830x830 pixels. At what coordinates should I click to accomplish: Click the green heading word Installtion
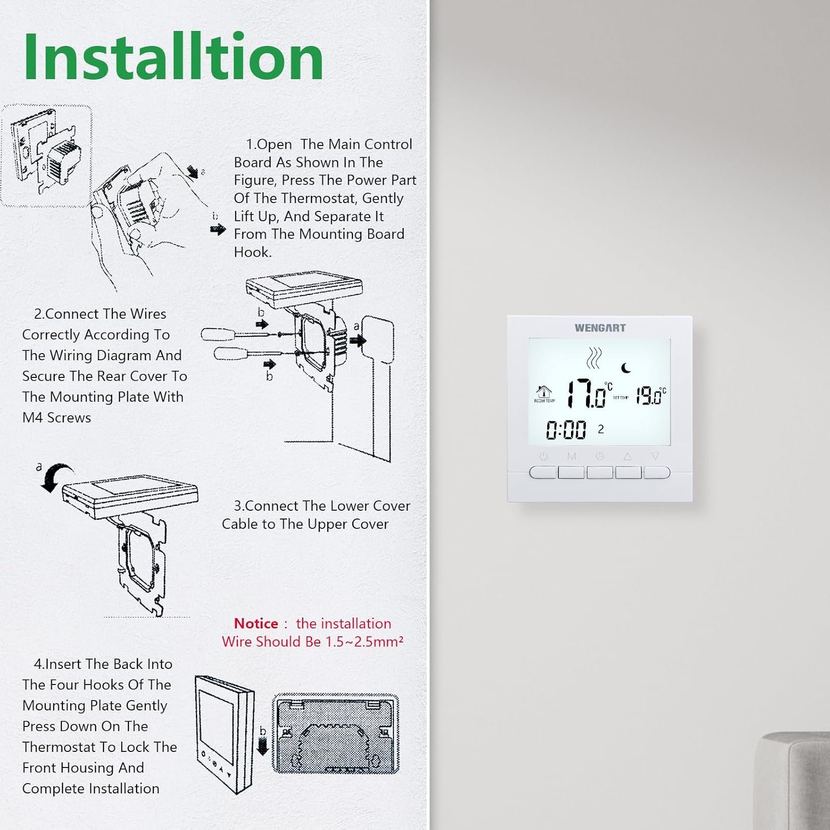[x=173, y=56]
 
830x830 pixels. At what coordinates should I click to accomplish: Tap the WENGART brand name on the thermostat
[x=600, y=328]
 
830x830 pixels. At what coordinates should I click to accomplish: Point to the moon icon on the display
[x=626, y=367]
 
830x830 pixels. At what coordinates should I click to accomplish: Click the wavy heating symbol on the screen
[x=594, y=358]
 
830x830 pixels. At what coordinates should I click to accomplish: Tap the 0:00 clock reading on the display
[x=566, y=430]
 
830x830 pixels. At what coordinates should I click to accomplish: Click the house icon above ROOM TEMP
[x=544, y=391]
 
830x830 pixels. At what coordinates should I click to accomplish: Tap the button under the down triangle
[x=657, y=473]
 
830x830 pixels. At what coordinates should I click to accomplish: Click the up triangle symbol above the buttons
[x=627, y=456]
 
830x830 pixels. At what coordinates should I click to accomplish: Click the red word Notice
[x=256, y=624]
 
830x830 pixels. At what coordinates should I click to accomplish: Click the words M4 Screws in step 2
[x=56, y=418]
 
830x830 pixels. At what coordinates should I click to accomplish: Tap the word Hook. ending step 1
[x=253, y=252]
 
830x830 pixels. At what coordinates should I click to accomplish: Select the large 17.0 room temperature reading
[x=585, y=393]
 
